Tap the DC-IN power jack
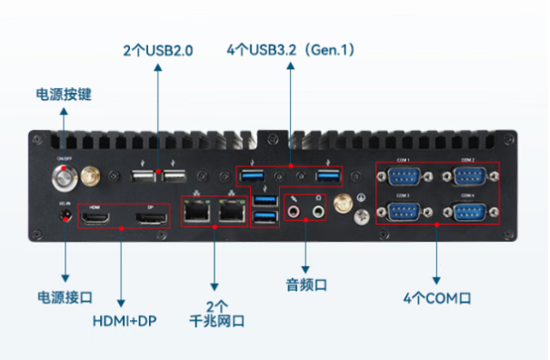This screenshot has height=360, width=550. [x=65, y=216]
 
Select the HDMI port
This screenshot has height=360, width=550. [x=98, y=218]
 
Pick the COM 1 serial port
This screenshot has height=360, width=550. [x=403, y=178]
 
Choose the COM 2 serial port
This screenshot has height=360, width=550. [x=467, y=178]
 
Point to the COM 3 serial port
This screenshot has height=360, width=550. [x=403, y=211]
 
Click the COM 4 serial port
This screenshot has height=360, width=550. [x=467, y=211]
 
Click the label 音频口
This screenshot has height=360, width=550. [x=305, y=285]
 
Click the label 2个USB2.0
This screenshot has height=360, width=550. [x=158, y=51]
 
